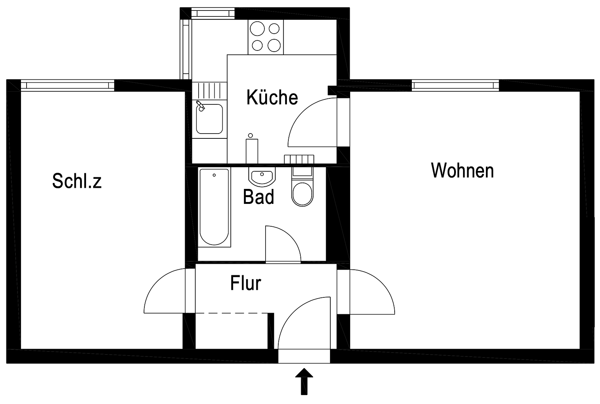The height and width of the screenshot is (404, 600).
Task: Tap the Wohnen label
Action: pos(462,170)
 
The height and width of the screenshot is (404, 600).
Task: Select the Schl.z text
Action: pos(77,181)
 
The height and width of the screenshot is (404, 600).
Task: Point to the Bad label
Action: pos(258,197)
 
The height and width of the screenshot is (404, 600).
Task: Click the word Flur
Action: pos(246,283)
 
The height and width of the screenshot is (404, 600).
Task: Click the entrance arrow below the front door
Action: pos(304,381)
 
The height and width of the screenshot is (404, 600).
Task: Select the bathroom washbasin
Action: pos(262,177)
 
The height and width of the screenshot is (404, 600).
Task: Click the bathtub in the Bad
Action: pos(214,207)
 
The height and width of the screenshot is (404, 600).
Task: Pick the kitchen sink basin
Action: pos(209,119)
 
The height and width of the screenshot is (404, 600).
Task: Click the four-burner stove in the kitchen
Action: pos(266,37)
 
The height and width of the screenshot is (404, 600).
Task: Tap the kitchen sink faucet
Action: pos(200,105)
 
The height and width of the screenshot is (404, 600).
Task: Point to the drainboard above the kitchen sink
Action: pos(209,91)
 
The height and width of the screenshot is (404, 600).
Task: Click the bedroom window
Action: pos(67,85)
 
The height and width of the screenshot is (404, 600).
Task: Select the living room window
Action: pos(455,85)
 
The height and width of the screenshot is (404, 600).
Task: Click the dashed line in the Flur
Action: pos(232,313)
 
